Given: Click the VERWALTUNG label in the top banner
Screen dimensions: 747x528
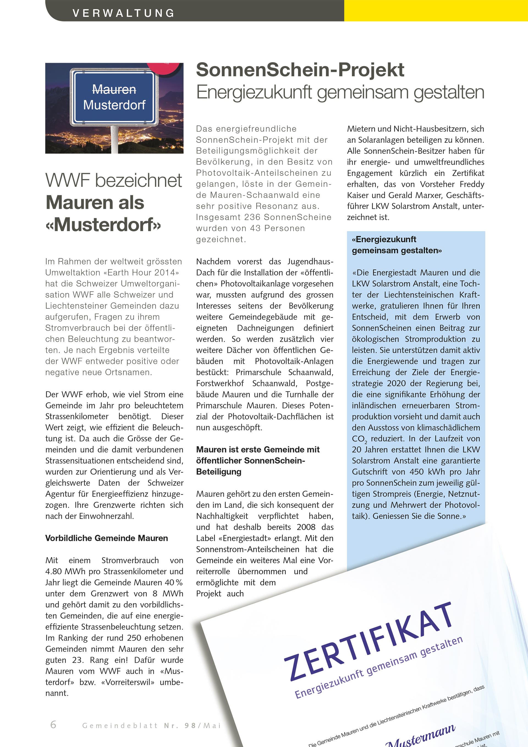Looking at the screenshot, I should click(x=123, y=13).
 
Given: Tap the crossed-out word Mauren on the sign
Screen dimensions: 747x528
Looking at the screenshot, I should click(x=114, y=89).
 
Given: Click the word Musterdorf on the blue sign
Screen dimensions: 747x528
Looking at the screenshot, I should click(x=114, y=105).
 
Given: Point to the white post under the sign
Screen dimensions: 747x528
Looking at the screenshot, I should click(x=114, y=140).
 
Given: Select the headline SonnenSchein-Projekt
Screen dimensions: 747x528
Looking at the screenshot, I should click(x=300, y=70).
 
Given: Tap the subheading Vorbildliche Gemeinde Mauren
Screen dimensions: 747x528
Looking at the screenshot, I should click(x=107, y=538).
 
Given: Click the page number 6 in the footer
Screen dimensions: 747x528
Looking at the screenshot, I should click(x=53, y=724).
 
